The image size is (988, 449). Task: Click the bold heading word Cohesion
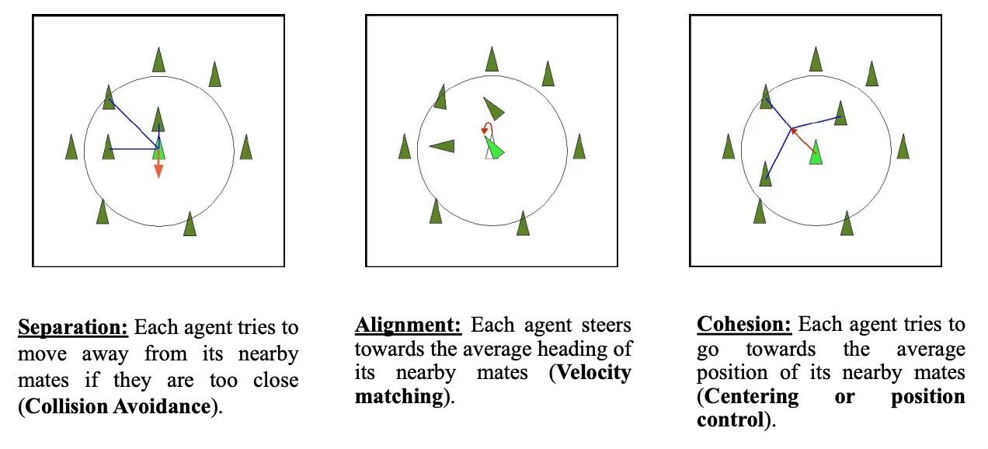click(743, 325)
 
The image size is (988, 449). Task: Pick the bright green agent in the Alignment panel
click(494, 148)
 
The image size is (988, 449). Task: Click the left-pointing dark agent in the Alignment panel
click(442, 145)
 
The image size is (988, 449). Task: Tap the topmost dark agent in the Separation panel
click(158, 60)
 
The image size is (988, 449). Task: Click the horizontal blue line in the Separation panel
click(132, 148)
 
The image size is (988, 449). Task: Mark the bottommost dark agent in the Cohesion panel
click(847, 223)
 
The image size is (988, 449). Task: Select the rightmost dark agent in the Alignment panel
click(579, 146)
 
